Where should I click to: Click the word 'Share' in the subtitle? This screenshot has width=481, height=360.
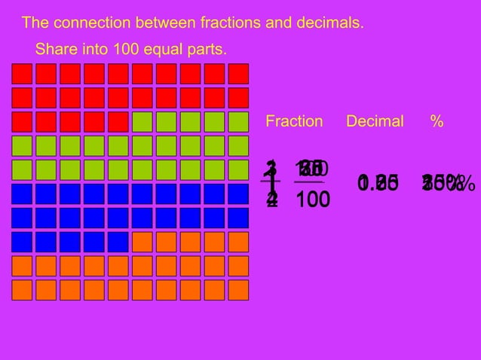coord(53,50)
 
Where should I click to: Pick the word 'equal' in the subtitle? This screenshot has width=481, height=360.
coord(163,50)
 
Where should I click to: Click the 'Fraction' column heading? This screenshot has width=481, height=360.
coord(294,121)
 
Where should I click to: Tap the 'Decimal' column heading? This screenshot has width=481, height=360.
coord(375,121)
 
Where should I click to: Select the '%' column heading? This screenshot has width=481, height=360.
coord(437,121)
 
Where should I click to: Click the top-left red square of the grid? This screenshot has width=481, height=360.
coord(21,74)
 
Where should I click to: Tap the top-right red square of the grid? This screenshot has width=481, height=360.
coord(238,74)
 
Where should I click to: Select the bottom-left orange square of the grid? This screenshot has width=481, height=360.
coord(21,290)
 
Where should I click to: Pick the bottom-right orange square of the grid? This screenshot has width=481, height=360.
coord(238,290)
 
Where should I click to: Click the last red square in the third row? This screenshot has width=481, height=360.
coord(118,122)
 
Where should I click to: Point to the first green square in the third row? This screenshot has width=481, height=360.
coord(142,122)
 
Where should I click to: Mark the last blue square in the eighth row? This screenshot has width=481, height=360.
coord(118,242)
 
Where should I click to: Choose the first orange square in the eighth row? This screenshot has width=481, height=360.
coord(142,242)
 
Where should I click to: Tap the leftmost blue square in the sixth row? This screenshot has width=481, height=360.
coord(21,194)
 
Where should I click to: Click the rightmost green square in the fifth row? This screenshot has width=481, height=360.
coord(238,169)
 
